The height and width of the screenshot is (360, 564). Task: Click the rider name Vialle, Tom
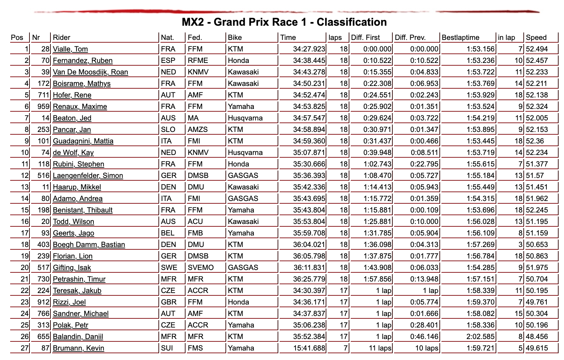coord(70,49)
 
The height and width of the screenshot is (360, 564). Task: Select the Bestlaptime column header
coord(460,38)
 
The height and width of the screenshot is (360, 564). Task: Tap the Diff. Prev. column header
coord(410,38)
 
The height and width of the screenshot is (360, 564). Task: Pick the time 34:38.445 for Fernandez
coord(309,61)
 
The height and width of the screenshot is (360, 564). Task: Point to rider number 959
coord(43,107)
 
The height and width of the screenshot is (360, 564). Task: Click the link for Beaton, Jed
coord(72,118)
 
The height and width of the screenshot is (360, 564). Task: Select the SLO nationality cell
coord(168,130)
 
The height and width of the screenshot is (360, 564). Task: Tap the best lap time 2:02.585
coord(480,337)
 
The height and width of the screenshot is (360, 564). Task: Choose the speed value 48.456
coord(537,337)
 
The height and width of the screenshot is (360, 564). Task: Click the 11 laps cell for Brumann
coord(380,348)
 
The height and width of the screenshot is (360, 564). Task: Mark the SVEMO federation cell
coord(201,268)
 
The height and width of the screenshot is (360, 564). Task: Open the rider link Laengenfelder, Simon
coord(88,176)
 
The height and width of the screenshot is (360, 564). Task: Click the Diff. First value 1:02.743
coord(377,164)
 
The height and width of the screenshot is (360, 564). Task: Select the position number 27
coord(25,348)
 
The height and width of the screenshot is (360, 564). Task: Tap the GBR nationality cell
coord(168,302)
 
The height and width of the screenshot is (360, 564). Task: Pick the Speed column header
coord(536,38)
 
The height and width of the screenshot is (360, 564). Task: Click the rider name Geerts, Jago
coord(73,233)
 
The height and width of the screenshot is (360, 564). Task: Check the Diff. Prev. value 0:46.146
coord(424,337)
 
